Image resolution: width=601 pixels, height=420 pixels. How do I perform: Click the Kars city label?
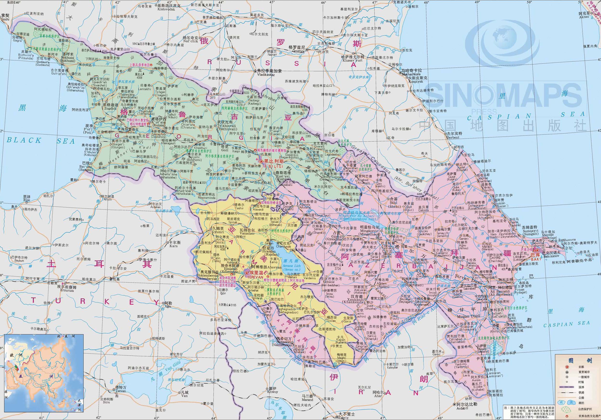[x=174, y=246]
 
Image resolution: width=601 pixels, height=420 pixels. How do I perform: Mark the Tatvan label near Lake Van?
[x=121, y=391]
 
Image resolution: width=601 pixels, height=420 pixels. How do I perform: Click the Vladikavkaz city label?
[x=266, y=75]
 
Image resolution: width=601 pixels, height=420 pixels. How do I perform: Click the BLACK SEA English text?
[x=41, y=140]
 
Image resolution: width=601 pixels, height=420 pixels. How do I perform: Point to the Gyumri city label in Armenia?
[x=218, y=232]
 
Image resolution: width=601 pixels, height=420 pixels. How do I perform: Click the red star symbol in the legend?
[x=567, y=367]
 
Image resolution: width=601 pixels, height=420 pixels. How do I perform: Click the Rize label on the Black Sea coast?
[x=26, y=200]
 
